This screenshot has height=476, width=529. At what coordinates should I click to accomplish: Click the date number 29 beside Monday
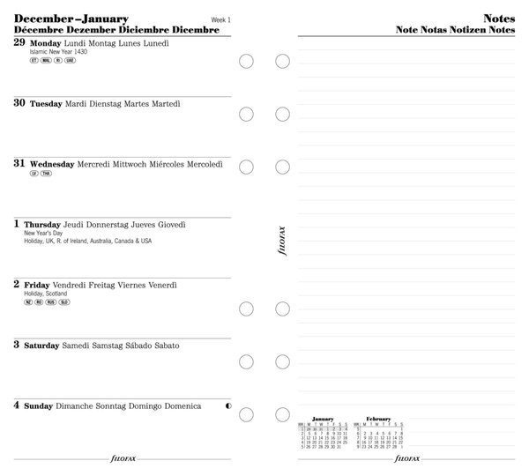coord(19,41)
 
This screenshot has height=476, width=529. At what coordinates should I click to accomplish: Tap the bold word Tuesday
coord(46,103)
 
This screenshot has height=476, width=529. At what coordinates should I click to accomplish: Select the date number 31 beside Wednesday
coord(19,163)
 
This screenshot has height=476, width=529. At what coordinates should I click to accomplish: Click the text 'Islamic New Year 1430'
coord(58,52)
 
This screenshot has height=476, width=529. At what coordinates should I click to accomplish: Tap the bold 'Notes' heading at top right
coord(499,19)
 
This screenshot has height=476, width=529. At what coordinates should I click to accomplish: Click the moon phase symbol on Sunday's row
coord(229,405)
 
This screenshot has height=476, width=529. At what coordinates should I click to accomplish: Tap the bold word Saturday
coord(42,346)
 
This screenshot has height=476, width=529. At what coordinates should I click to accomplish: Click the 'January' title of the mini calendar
coord(324,419)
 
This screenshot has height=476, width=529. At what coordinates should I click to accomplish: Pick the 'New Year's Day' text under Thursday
coord(42,233)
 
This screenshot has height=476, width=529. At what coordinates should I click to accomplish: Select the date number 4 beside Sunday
coord(17,405)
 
